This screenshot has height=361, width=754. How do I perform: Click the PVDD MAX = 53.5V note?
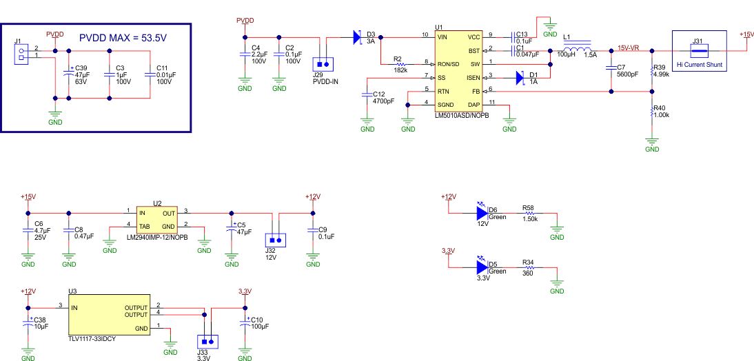[123, 37]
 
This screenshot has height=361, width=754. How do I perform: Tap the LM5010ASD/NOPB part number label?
[462, 116]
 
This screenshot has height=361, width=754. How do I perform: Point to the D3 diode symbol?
[357, 37]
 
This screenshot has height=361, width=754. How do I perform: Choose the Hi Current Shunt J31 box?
[699, 50]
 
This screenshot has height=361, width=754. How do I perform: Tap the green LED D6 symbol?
[482, 212]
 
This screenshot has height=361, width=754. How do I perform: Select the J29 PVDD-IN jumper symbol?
[323, 64]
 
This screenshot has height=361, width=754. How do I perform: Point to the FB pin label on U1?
[475, 91]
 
